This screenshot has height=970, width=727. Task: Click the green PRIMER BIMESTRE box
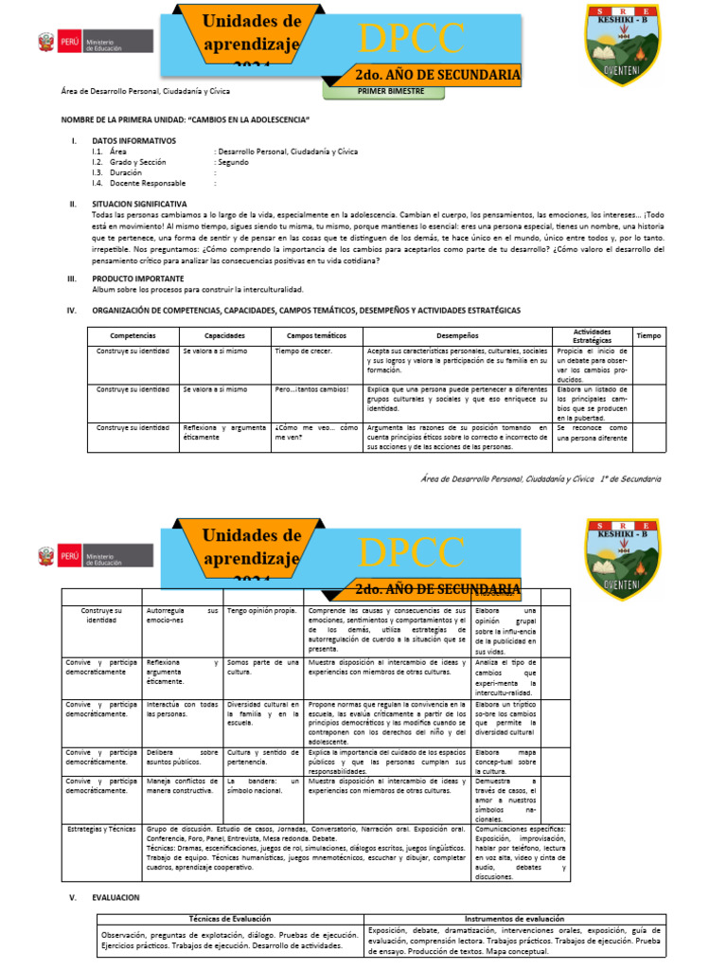390,91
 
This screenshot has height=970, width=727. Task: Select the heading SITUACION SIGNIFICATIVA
139,204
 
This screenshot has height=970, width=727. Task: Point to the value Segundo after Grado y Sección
231,162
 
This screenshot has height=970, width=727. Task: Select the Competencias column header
132,335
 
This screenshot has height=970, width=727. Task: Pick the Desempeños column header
457,335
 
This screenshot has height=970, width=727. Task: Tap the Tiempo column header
649,335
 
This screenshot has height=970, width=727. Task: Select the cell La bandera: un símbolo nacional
263,787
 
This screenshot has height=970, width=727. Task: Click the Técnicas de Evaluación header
230,918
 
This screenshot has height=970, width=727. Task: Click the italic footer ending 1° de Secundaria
541,479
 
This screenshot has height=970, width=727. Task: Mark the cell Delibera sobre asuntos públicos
181,757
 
